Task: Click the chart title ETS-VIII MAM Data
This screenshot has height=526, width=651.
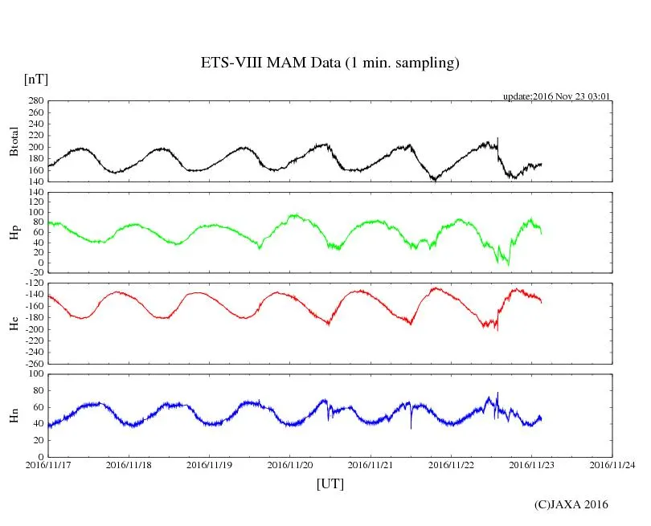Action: click(330, 63)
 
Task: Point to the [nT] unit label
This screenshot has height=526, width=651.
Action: click(35, 80)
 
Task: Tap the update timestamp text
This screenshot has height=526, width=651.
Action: click(557, 96)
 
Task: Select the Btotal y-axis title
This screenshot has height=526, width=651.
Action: click(14, 141)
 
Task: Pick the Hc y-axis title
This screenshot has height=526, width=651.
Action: click(14, 323)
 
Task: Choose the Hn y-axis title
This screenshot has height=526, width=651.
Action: click(14, 415)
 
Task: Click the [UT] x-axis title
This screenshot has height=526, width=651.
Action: click(330, 483)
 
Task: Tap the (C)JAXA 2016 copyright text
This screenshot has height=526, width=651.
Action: click(571, 504)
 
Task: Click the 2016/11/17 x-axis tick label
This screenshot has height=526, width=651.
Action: click(48, 464)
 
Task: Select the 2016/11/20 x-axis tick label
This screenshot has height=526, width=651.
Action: click(290, 464)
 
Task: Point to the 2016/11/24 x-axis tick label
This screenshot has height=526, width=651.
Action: click(612, 464)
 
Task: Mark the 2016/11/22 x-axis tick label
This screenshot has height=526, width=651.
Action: click(452, 464)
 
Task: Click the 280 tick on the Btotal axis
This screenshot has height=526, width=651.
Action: click(34, 101)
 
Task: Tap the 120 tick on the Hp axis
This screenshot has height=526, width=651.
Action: click(34, 193)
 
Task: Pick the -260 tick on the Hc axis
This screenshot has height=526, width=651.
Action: click(32, 363)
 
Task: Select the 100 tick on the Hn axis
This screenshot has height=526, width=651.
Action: click(34, 373)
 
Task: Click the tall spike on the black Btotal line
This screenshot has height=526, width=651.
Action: click(497, 139)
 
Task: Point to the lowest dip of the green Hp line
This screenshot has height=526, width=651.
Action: click(508, 264)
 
